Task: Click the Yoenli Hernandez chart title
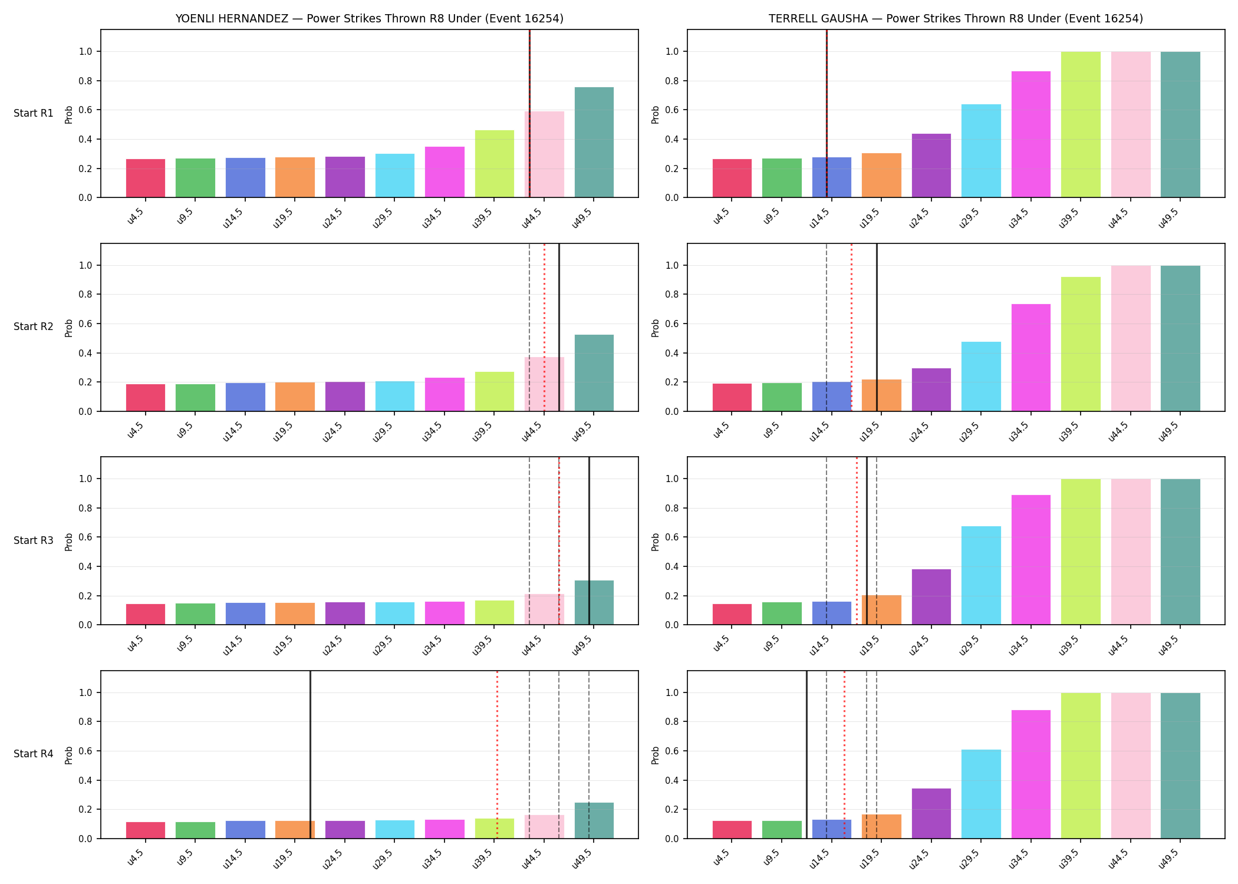tap(369, 18)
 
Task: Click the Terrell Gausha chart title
tap(956, 18)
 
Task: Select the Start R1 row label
tap(34, 113)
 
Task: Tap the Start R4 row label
tap(34, 754)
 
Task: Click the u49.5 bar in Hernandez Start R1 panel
tap(594, 142)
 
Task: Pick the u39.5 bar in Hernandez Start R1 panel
tap(494, 164)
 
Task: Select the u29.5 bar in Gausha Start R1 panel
tap(981, 151)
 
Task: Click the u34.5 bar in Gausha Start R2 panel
tap(1030, 358)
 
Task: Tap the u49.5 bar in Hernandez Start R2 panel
tap(594, 373)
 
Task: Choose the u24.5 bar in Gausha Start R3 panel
tap(931, 597)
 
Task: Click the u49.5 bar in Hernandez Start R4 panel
tap(594, 820)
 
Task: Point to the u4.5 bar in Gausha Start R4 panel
tap(732, 830)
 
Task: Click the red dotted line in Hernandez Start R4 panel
tap(497, 754)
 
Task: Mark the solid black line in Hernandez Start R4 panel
tap(310, 754)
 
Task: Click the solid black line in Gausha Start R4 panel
tap(806, 754)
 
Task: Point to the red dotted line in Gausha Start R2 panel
tap(851, 327)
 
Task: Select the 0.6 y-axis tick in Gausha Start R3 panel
tap(672, 537)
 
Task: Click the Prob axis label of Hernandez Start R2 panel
tap(69, 328)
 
